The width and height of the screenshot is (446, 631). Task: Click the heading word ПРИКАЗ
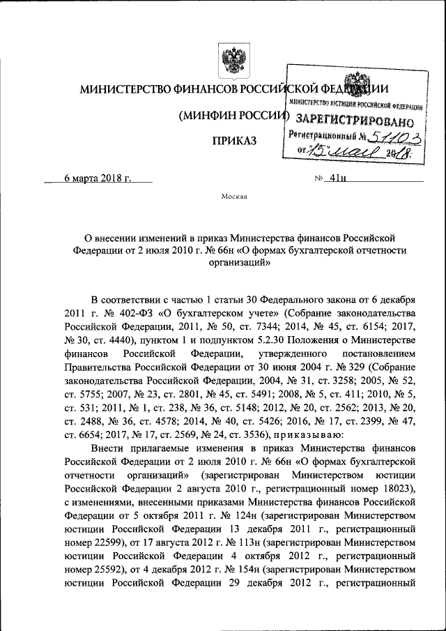coord(234,142)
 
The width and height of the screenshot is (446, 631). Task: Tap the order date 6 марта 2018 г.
coord(98,178)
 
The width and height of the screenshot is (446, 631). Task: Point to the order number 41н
coord(337,178)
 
